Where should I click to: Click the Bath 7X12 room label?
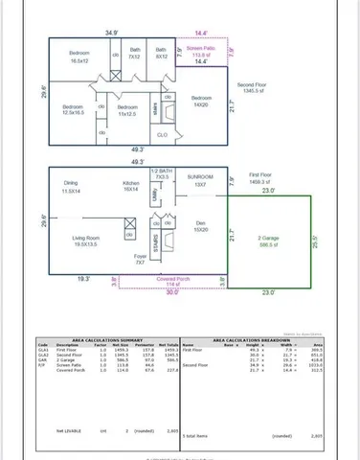(x=135, y=54)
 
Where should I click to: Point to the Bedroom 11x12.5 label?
(x=125, y=111)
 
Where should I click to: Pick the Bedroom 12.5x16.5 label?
(x=74, y=110)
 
